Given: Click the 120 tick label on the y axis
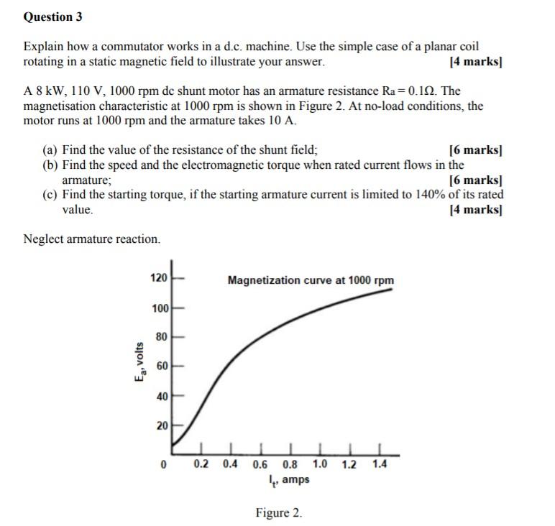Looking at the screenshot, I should (158, 278).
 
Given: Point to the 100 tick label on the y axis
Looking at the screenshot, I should (158, 308).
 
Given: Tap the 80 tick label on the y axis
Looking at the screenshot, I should (161, 336).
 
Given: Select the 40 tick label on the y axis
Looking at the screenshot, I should (161, 396).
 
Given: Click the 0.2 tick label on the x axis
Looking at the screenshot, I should (201, 464).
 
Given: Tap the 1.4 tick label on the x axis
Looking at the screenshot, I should (380, 464).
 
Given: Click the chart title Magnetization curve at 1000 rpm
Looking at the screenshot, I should (311, 280).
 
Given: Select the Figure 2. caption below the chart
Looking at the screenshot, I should (278, 513).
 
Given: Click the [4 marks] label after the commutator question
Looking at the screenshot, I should (474, 62).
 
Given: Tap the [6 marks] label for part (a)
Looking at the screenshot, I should (474, 150).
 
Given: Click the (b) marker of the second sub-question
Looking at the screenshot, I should (50, 165).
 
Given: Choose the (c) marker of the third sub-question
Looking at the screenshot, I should (50, 195).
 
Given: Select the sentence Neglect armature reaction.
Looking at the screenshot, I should (92, 239).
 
